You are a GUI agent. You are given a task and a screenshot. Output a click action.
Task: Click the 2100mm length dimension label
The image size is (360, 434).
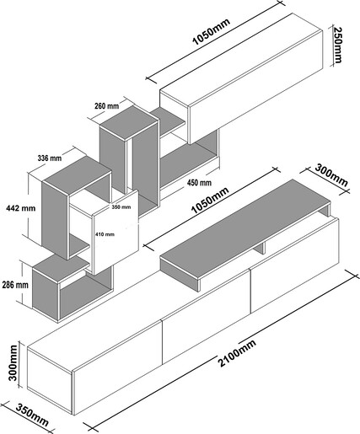tap(237, 353)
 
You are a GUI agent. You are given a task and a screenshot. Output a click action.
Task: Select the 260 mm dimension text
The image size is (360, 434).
tap(107, 106)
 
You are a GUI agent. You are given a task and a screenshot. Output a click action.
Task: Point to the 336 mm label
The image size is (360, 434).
tap(50, 158)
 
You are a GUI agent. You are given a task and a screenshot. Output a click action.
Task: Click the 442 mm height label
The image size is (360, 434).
tap(21, 208)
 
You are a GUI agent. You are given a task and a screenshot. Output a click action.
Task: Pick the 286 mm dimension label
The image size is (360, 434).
tap(15, 285)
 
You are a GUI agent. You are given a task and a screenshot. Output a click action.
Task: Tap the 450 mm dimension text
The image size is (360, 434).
tap(199, 183)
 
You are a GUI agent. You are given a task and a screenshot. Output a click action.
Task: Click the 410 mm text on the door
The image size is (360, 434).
tap(105, 234)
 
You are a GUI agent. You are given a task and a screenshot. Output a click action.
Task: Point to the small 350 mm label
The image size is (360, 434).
tap(121, 207)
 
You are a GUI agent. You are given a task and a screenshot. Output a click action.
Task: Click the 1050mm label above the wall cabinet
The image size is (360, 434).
tap(211, 31)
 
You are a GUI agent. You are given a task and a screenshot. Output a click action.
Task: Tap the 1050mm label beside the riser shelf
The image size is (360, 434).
tap(210, 200)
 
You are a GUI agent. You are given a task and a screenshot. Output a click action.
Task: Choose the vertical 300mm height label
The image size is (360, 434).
tap(13, 362)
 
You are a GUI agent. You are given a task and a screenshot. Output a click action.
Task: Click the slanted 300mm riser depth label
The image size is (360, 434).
tap(330, 175)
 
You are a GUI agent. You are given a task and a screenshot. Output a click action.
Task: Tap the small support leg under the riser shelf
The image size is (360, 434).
tap(261, 248)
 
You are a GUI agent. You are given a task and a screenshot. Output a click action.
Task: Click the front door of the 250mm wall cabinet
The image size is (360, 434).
tap(255, 87)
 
